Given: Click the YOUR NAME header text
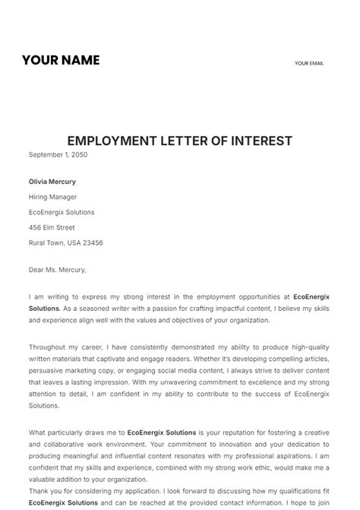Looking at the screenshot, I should click(x=61, y=60).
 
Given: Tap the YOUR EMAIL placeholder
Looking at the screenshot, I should click(x=309, y=63).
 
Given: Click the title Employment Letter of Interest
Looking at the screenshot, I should click(x=180, y=141).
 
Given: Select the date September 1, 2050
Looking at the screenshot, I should click(x=58, y=154).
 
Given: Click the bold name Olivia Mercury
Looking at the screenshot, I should click(x=52, y=182).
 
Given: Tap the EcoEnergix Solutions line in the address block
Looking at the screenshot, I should click(x=62, y=212).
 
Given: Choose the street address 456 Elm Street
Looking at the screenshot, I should click(x=52, y=227).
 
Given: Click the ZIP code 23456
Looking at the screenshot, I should click(x=92, y=242).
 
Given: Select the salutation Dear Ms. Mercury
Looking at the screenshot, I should click(x=58, y=269).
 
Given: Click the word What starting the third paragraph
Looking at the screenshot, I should click(x=37, y=432).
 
